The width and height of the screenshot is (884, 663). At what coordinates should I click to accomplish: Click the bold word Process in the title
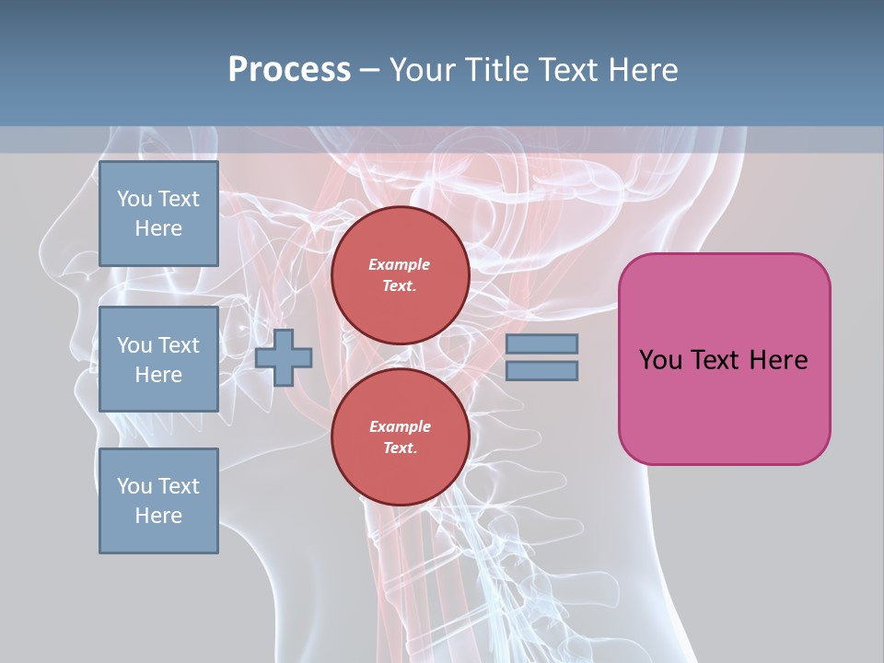[289, 70]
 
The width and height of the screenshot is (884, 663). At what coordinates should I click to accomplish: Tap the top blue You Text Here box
[158, 214]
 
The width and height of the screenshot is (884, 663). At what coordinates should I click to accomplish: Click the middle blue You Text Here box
[158, 359]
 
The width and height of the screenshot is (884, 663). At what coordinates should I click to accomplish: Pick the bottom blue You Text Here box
[158, 500]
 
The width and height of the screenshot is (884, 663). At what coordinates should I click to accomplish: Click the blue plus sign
[284, 357]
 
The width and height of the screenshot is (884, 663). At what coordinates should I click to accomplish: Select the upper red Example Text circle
[400, 275]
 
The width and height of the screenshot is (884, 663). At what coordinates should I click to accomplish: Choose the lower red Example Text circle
[400, 437]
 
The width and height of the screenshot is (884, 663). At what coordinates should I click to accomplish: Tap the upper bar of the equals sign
[541, 343]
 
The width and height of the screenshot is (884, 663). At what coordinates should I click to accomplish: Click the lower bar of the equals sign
[541, 371]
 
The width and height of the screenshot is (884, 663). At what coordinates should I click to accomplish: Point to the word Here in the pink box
[778, 360]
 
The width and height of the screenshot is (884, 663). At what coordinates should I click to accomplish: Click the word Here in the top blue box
[158, 228]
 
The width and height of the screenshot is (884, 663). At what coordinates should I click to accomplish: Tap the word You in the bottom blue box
[134, 486]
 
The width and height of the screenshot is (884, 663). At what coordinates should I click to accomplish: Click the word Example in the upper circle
[400, 264]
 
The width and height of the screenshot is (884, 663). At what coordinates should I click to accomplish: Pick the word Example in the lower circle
[400, 426]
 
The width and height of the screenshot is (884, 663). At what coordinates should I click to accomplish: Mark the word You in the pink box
[660, 360]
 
